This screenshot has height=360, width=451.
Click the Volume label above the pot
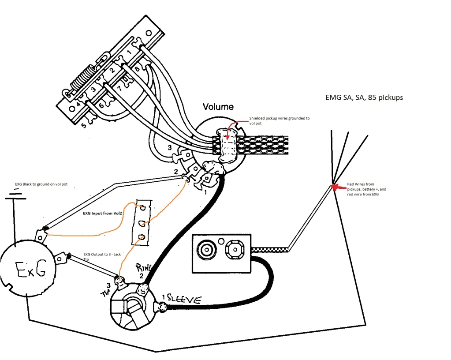tap(218, 107)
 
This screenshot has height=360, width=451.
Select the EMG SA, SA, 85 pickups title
tap(361, 97)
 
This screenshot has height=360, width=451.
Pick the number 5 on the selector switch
tap(84, 125)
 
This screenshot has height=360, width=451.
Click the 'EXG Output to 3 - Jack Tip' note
tap(103, 257)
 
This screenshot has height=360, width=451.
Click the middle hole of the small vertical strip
tap(142, 222)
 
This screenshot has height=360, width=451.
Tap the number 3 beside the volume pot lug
tap(169, 148)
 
